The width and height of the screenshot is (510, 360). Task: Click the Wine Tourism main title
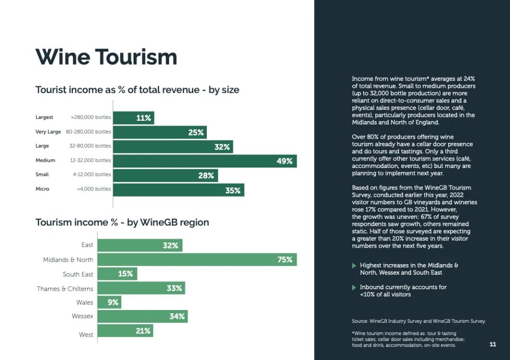[x=106, y=57]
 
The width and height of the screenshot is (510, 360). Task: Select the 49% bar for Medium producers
[x=205, y=161]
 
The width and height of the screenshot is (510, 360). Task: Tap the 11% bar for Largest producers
[x=134, y=118]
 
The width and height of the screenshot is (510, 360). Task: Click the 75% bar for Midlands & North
[x=197, y=260]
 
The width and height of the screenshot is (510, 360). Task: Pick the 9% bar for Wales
[x=109, y=302]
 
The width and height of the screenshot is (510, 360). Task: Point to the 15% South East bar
[x=118, y=274]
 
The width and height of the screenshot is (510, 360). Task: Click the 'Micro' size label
[x=42, y=189]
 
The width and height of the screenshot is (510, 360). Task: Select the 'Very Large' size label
[x=48, y=132]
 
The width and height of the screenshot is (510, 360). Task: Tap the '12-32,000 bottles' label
[x=90, y=160]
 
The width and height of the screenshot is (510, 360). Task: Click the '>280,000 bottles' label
[x=91, y=117]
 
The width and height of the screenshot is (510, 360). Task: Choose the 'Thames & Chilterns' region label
[x=65, y=289]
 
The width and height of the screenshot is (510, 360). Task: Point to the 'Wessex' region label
[x=82, y=316]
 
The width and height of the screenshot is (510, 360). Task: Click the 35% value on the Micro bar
[x=233, y=191]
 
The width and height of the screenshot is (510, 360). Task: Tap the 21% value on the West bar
[x=143, y=331]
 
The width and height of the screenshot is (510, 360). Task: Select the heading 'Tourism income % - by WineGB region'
[x=122, y=223]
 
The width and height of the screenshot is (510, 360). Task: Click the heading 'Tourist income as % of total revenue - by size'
[x=137, y=90]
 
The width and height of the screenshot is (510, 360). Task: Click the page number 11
[x=493, y=344]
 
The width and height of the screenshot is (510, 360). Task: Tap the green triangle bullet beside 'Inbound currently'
[x=354, y=287]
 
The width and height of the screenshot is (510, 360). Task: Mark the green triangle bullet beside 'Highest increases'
[x=354, y=266]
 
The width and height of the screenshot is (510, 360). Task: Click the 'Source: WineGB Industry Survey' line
[x=418, y=321]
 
